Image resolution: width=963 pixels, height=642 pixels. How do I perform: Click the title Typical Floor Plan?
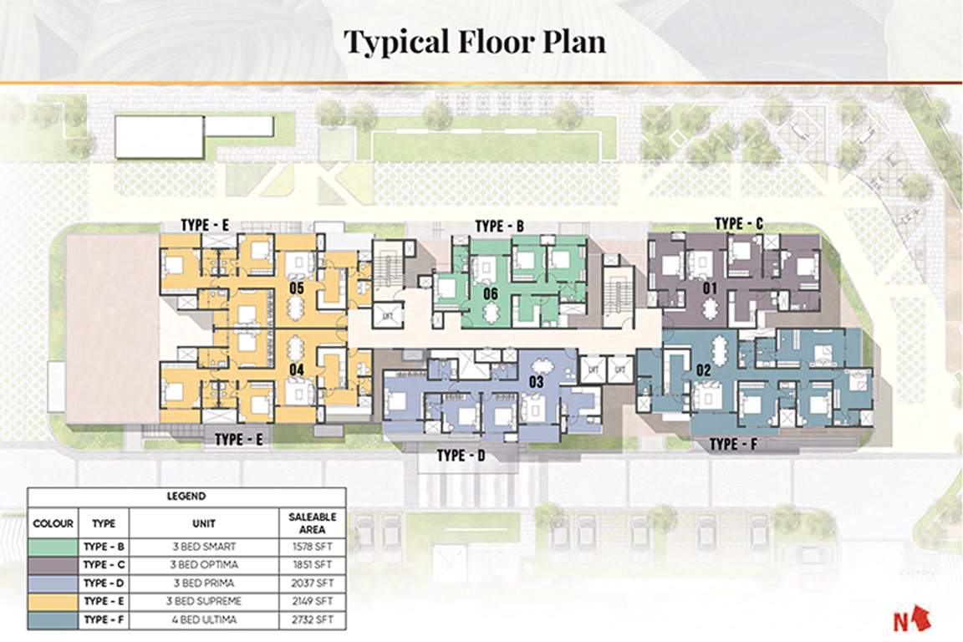point(475,42)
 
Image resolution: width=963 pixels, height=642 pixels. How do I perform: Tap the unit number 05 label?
point(294,288)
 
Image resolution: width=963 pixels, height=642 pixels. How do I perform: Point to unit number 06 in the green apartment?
point(491,293)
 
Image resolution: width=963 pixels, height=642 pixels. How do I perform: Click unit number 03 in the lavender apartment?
point(538,382)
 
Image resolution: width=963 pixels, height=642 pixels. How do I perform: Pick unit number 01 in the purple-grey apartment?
point(711,288)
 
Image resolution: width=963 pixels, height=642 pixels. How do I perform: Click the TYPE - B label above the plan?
point(499,227)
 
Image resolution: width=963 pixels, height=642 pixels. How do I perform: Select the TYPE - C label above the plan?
point(739,223)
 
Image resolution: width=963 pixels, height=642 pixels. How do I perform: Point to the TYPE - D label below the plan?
point(461,456)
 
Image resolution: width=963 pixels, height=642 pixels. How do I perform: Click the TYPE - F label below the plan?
point(734,445)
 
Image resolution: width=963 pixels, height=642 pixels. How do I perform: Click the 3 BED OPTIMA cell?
point(204,564)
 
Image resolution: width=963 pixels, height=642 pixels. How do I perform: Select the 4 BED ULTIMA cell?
point(204,619)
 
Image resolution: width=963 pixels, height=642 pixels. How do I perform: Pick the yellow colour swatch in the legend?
point(53,601)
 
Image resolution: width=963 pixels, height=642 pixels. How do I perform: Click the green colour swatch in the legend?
point(53,546)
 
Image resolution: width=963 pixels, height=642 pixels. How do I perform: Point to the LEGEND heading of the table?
point(186,497)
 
